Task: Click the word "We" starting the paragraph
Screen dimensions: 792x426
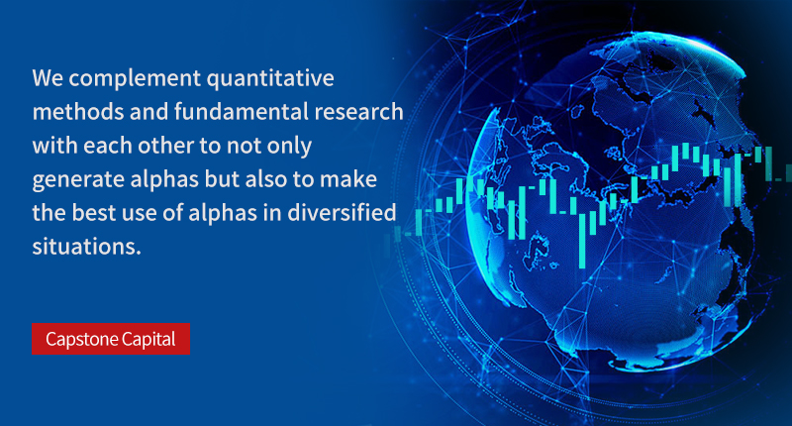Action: click(x=48, y=78)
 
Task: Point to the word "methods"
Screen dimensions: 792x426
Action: click(x=78, y=112)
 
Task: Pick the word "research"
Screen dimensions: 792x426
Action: click(x=358, y=112)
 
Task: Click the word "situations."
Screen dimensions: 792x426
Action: click(x=87, y=246)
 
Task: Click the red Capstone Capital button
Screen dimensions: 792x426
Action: click(x=111, y=339)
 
